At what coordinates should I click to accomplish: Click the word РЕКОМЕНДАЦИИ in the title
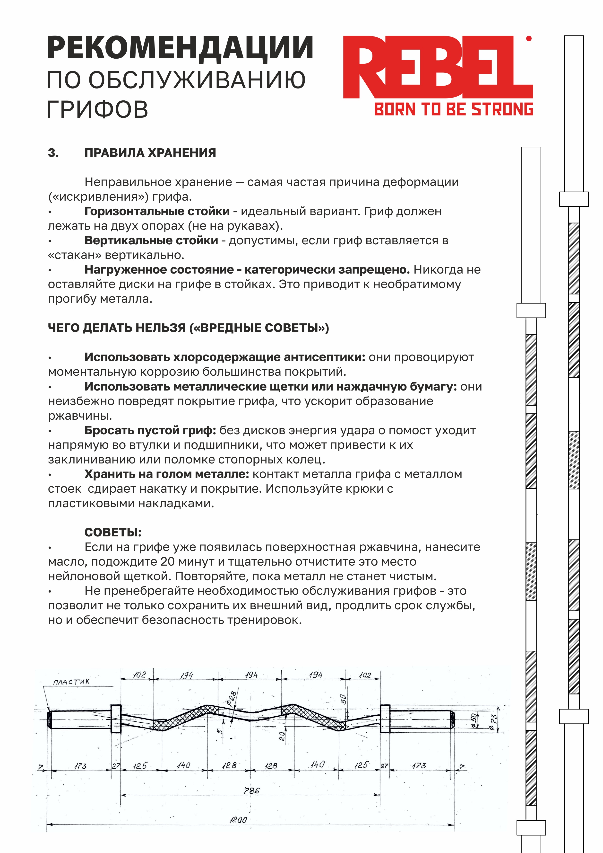point(180,48)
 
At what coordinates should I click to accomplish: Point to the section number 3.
point(53,153)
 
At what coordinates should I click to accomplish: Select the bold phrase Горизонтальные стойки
point(157,211)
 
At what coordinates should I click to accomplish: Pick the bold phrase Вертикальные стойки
point(151,240)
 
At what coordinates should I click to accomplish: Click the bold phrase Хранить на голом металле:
point(166,474)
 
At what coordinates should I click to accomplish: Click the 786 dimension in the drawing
point(251,791)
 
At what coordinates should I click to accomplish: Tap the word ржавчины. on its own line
point(80,416)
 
